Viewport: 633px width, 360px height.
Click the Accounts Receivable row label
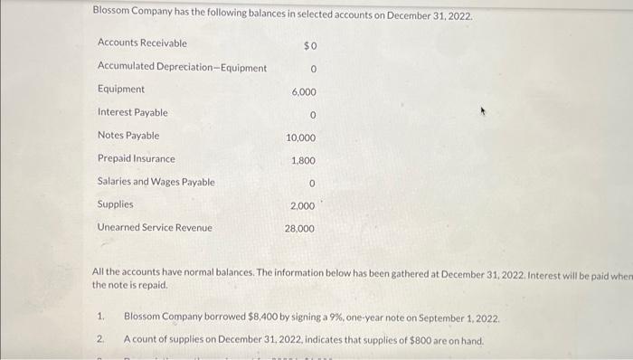coord(142,43)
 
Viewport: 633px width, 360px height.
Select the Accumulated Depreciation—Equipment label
coord(182,67)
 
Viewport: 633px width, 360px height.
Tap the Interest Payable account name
coord(132,112)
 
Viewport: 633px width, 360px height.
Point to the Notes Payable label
coord(128,136)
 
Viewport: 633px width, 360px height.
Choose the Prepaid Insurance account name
coord(136,158)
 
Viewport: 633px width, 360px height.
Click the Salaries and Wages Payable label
coord(156,182)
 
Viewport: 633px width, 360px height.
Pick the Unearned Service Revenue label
coord(155,227)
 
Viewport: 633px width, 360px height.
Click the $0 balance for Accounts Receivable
coord(309,45)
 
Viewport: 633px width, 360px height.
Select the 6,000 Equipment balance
coord(304,92)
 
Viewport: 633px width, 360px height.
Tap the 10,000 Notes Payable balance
coord(301,137)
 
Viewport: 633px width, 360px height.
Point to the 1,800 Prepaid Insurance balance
coord(304,160)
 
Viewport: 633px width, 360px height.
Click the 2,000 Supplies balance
coord(303,206)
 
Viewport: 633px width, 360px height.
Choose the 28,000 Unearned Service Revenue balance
coord(300,229)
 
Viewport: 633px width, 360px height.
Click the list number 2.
coord(100,340)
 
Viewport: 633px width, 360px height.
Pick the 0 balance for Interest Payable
coord(311,115)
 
